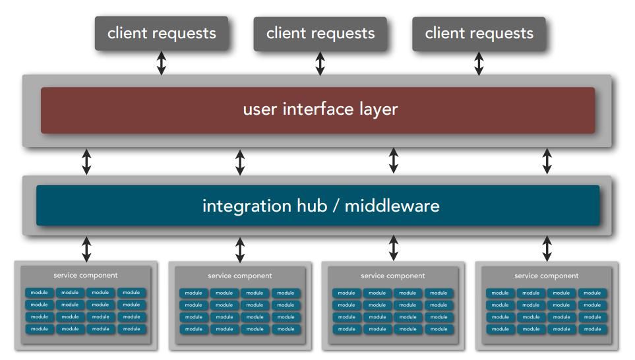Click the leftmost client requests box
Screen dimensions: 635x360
(162, 33)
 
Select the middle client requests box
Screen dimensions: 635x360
(320, 34)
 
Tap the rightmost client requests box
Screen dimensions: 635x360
(479, 34)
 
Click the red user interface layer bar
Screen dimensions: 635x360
(318, 110)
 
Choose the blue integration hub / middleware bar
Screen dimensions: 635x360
(318, 205)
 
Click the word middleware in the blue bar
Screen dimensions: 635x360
(392, 206)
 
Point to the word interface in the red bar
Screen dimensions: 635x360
(318, 109)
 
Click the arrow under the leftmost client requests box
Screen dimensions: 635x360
(162, 63)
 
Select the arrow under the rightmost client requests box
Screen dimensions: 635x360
(479, 63)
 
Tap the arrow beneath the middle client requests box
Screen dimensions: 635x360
(320, 63)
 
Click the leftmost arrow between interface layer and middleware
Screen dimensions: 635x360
(86, 162)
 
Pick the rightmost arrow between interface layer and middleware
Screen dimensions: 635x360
(547, 161)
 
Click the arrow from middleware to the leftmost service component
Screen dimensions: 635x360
(86, 249)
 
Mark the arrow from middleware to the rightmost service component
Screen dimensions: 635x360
(547, 249)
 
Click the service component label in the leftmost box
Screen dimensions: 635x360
(86, 276)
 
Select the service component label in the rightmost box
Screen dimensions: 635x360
(546, 276)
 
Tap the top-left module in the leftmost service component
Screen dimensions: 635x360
(40, 292)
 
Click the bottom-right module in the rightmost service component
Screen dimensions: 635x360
(593, 329)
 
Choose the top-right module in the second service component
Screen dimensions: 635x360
(286, 293)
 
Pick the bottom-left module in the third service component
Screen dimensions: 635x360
(347, 329)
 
